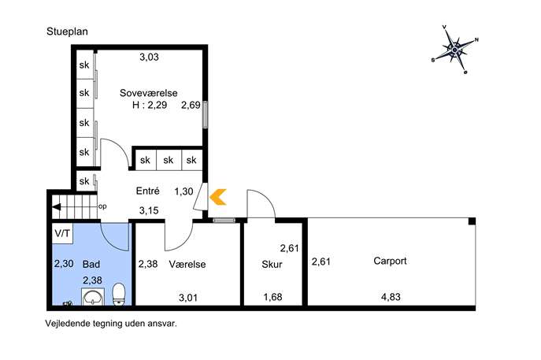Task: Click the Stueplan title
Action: pyautogui.click(x=67, y=32)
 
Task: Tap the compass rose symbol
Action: pyautogui.click(x=454, y=50)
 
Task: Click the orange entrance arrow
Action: pyautogui.click(x=218, y=197)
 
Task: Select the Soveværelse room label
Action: pyautogui.click(x=148, y=93)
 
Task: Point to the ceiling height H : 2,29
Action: pyautogui.click(x=150, y=105)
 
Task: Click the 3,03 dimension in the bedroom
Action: pyautogui.click(x=149, y=57)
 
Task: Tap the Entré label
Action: pyautogui.click(x=148, y=191)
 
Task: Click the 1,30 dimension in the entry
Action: pyautogui.click(x=183, y=191)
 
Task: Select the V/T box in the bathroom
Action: pyautogui.click(x=62, y=234)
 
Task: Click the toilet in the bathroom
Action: pyautogui.click(x=119, y=294)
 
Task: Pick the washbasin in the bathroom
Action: pyautogui.click(x=92, y=297)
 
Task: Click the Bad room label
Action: pyautogui.click(x=91, y=265)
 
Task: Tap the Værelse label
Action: pyautogui.click(x=187, y=265)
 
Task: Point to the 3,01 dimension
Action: pyautogui.click(x=188, y=297)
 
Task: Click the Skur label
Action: pyautogui.click(x=272, y=265)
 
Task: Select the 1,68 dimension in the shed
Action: pyautogui.click(x=272, y=297)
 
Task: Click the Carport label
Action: pyautogui.click(x=390, y=261)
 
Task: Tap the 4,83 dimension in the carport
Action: pyautogui.click(x=391, y=297)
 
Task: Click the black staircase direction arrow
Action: pyautogui.click(x=56, y=207)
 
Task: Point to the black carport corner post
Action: pyautogui.click(x=472, y=221)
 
